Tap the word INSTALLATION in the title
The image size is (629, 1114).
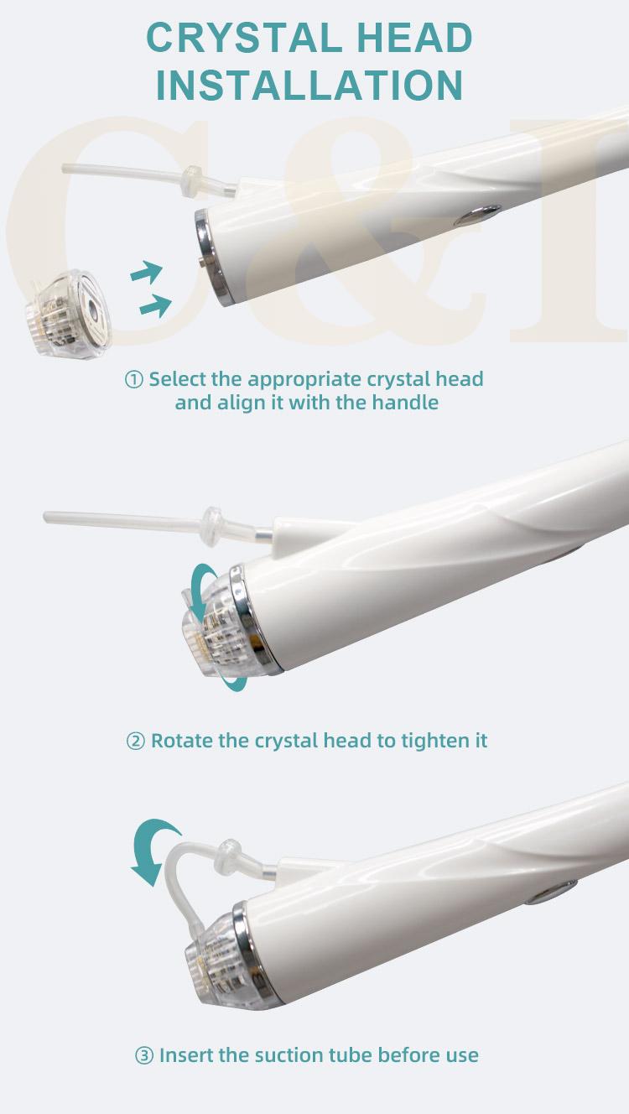coord(309,86)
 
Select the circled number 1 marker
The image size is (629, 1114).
coord(133,380)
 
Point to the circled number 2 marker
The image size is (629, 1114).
coord(135,741)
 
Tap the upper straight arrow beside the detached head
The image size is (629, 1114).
coord(147,271)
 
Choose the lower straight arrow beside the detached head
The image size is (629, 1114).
coord(156,305)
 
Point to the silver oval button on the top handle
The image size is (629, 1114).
coord(477,215)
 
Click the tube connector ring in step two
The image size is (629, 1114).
coord(213,526)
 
